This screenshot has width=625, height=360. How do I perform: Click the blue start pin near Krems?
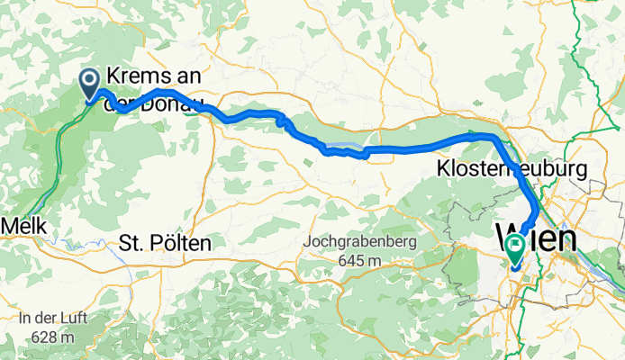(x=91, y=83)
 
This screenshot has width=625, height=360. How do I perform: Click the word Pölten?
(x=177, y=243)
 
